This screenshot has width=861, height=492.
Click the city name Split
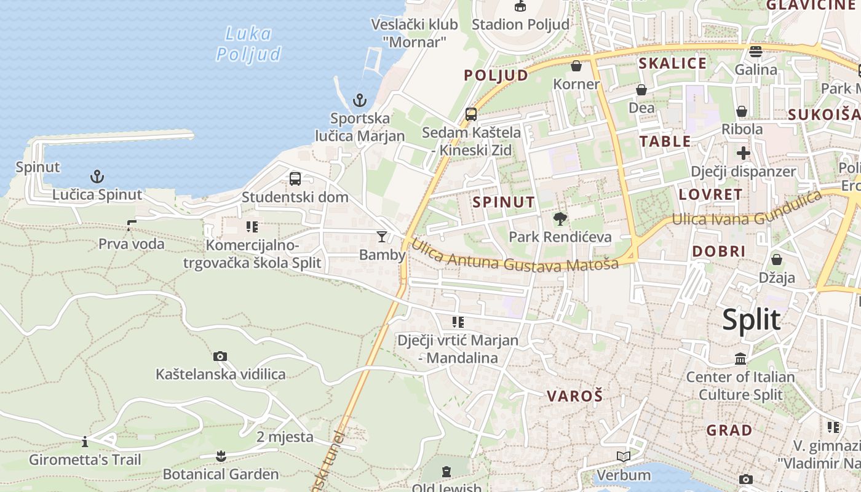[751, 320]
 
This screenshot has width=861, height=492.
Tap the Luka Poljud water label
[248, 44]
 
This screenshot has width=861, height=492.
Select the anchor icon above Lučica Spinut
[97, 177]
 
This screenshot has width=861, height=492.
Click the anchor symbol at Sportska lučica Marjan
[359, 100]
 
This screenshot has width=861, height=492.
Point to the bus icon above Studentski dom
[295, 179]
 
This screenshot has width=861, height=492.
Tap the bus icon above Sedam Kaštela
[471, 114]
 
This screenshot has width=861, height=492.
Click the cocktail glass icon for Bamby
[382, 236]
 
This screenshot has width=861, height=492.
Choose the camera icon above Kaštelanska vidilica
[220, 356]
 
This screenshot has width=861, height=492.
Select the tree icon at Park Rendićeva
[560, 218]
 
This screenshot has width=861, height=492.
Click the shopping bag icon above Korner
[576, 66]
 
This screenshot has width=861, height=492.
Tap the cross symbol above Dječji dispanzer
[744, 153]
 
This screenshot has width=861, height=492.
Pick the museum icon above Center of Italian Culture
[740, 359]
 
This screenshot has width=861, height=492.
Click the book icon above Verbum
[624, 456]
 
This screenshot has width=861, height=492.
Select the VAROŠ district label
[575, 396]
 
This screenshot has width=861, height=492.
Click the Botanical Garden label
[221, 474]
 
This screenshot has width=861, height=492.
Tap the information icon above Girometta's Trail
[85, 442]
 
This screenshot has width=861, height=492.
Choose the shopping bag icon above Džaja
[777, 260]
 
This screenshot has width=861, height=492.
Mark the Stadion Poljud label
[520, 25]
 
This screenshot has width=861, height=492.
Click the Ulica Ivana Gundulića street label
[747, 209]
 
